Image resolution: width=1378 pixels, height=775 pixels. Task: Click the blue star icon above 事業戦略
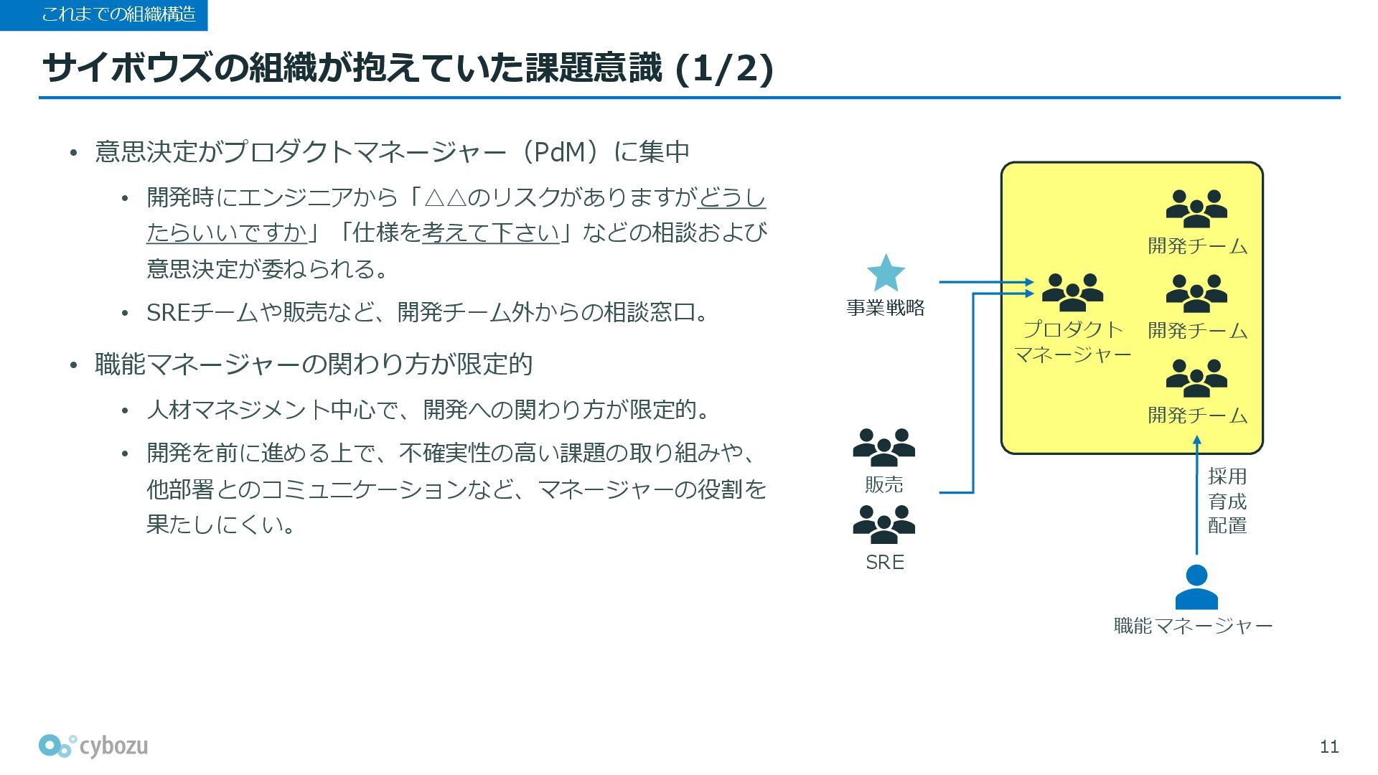pos(886,273)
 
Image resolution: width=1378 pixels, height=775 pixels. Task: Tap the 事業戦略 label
pos(885,308)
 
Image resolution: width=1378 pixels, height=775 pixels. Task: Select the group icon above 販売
pos(883,448)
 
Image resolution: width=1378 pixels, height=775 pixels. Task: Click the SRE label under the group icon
pos(884,562)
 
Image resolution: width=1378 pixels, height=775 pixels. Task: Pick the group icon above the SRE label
pos(883,525)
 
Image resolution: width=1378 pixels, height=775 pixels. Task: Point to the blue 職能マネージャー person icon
pos(1196,587)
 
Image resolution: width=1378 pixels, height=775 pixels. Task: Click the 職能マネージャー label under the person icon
pos(1193,626)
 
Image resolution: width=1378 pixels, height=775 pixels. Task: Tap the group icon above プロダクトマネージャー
pos(1072,293)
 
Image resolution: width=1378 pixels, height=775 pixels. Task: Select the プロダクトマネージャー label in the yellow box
pos(1072,342)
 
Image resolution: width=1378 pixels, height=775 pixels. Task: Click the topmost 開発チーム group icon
pos(1196,209)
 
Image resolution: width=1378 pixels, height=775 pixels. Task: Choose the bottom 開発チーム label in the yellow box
pos(1197,415)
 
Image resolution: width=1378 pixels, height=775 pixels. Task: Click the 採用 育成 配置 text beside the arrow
pos(1227,501)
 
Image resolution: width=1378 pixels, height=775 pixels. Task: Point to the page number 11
pos(1328,747)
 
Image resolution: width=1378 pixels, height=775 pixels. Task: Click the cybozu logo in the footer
pos(93,746)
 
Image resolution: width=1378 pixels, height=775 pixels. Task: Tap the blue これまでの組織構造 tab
pos(104,14)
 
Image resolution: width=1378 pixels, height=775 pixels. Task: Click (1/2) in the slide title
pos(724,69)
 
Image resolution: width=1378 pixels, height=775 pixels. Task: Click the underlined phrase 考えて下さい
pos(490,232)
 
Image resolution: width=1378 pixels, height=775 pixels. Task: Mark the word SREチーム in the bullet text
pos(202,313)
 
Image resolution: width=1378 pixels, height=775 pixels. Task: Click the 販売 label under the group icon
pos(883,485)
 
